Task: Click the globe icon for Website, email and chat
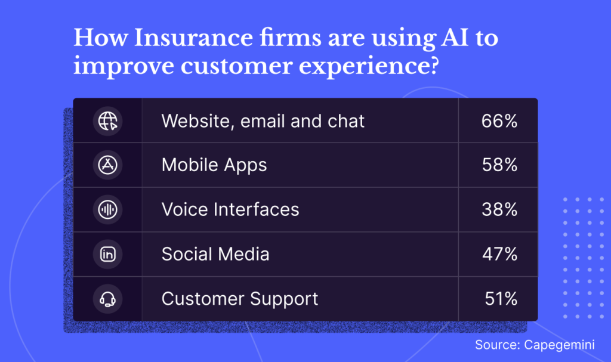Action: tap(107, 121)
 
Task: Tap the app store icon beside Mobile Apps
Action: tap(107, 165)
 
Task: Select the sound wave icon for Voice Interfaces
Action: tap(107, 210)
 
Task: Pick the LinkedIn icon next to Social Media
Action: tap(107, 254)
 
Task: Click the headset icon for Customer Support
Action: tap(107, 299)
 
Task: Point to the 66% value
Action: tap(499, 121)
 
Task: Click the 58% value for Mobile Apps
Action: tap(499, 165)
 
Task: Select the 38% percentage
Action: tap(499, 210)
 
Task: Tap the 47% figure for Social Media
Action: tap(499, 254)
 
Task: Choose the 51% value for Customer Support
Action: tap(501, 299)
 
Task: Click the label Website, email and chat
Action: tap(263, 121)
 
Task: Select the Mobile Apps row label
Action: tap(214, 165)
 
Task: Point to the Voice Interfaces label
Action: tap(230, 209)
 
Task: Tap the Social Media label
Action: tap(215, 254)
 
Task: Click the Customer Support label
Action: tap(240, 299)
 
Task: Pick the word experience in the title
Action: tap(369, 66)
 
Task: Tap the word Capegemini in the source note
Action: tap(559, 345)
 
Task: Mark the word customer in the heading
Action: tap(236, 66)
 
